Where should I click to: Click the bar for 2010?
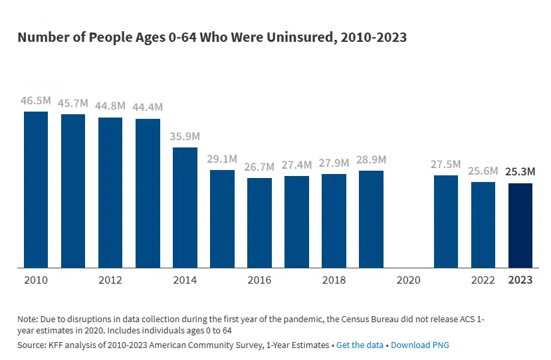36,190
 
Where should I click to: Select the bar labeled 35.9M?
185,208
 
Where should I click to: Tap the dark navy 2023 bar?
520,226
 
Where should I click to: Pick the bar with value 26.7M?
259,223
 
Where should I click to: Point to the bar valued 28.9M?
371,220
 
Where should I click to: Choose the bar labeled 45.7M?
73,191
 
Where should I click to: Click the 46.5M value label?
36,101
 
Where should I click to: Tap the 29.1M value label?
222,159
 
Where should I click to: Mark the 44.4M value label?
148,108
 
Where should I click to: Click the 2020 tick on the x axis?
409,280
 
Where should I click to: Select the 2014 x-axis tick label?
185,280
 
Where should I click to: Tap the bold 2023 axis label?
520,280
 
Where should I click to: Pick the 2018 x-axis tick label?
334,280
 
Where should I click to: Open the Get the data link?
360,345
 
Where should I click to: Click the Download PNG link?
421,345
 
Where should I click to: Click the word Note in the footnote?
28,319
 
